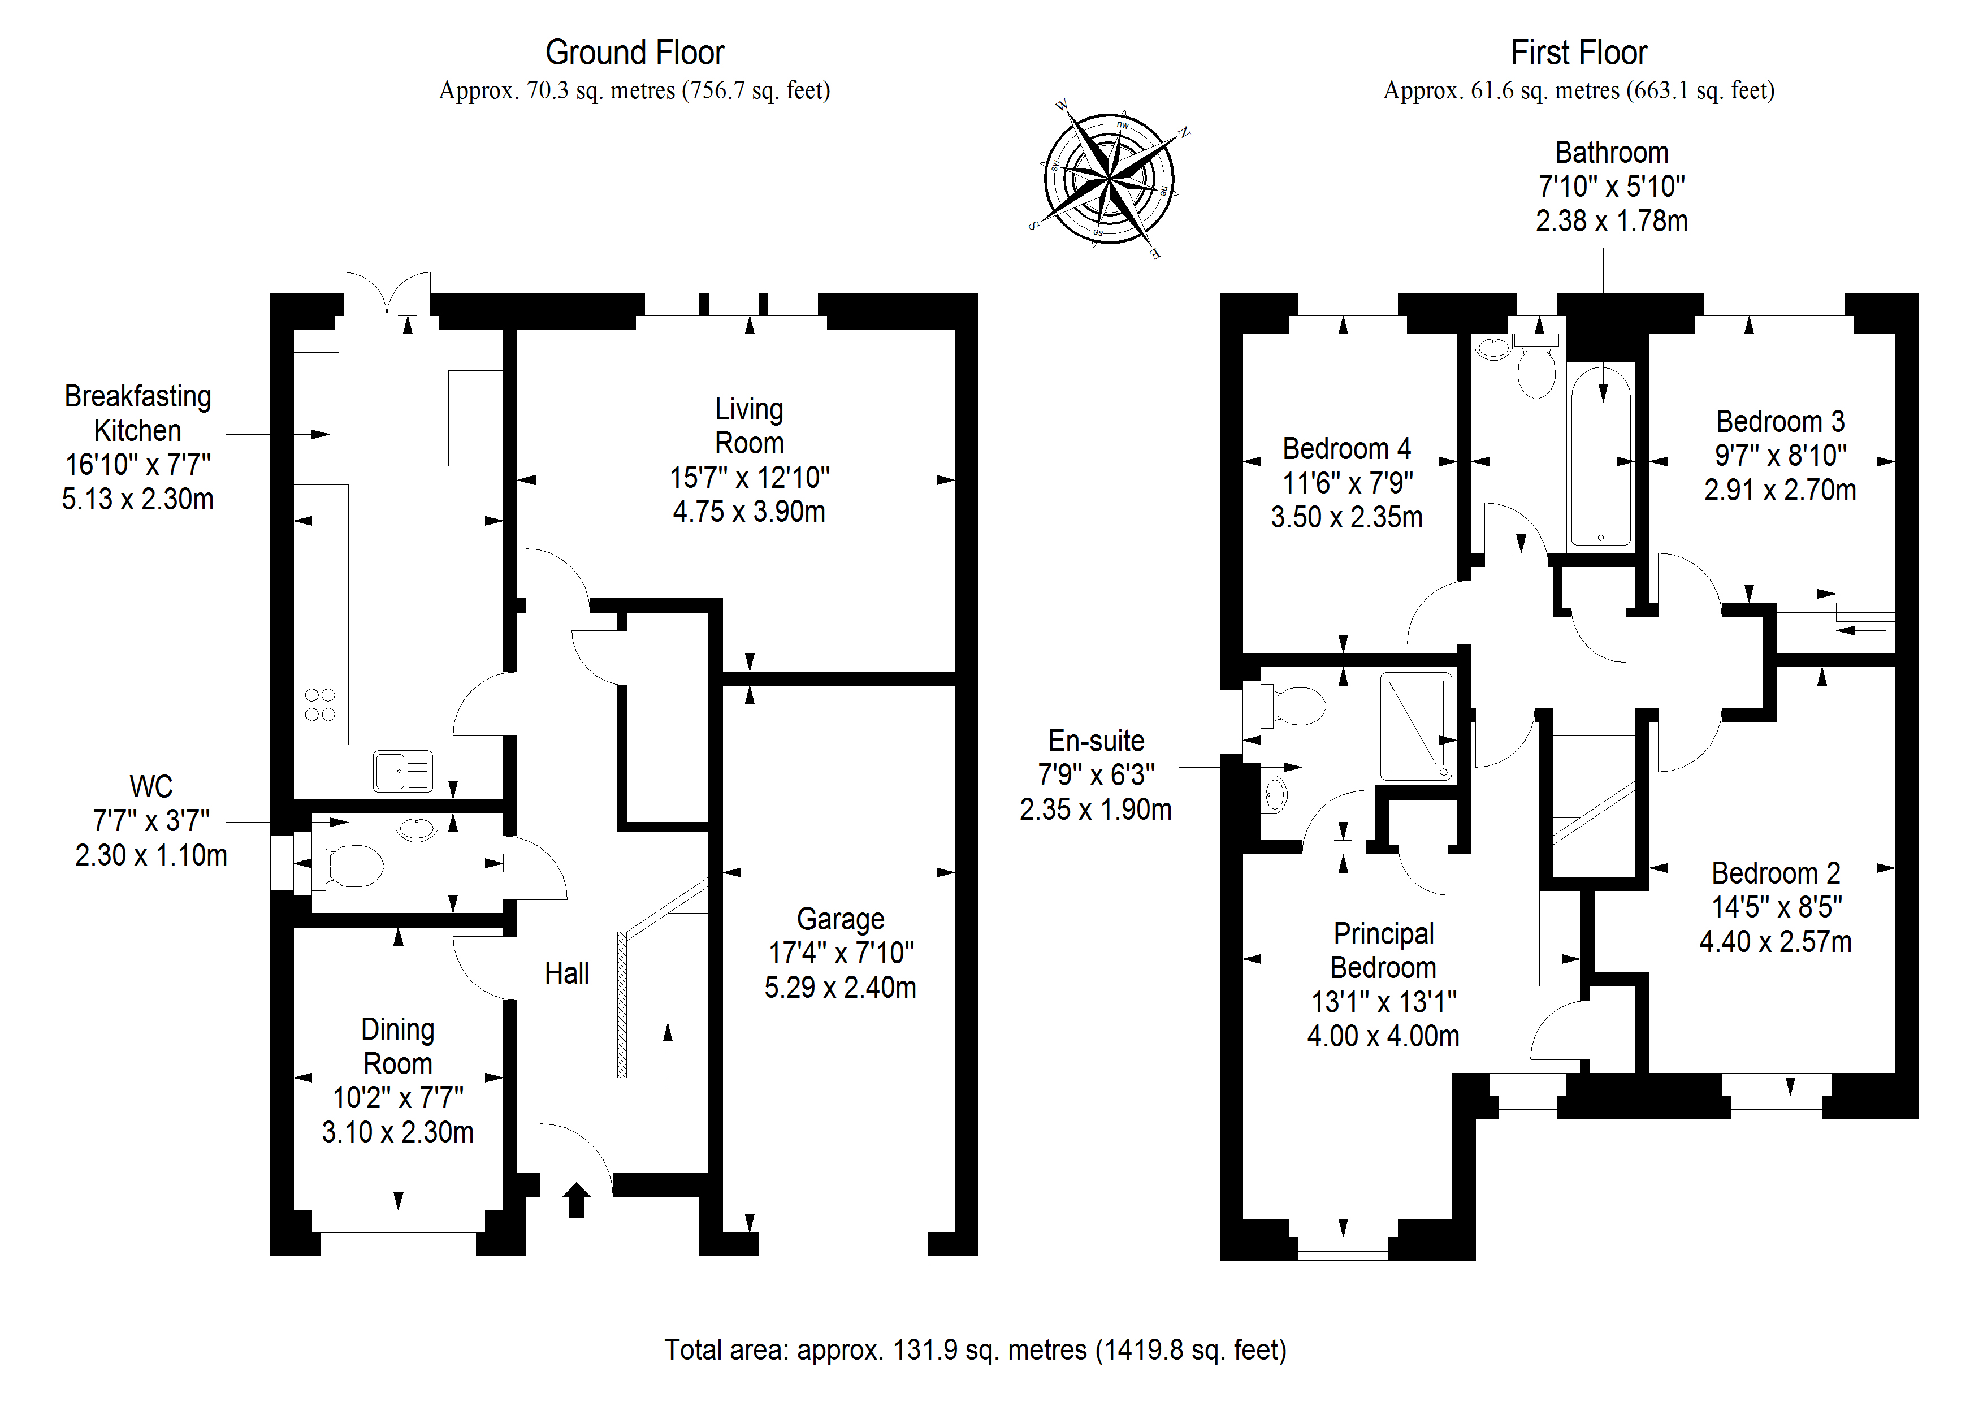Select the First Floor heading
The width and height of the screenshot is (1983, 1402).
coord(1578,53)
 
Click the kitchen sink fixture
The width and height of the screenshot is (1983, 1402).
coord(402,771)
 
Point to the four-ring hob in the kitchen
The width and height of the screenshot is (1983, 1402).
coord(319,704)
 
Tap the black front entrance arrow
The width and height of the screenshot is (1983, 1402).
coord(576,1200)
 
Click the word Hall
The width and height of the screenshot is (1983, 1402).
coord(566,973)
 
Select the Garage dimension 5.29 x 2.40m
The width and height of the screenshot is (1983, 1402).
coord(839,986)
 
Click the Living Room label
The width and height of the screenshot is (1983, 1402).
coord(749,426)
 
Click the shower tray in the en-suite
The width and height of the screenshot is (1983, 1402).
coord(1415,726)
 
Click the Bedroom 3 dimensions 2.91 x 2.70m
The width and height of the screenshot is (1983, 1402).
coord(1779,490)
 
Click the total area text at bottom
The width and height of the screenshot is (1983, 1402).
coord(974,1349)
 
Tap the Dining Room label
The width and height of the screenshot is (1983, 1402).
coord(397,1046)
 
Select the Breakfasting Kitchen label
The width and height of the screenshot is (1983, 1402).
coord(137,413)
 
